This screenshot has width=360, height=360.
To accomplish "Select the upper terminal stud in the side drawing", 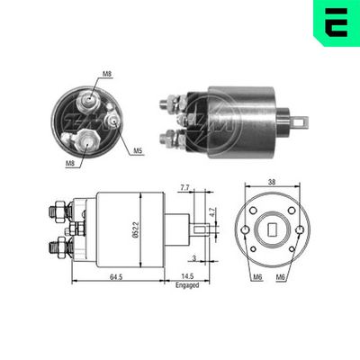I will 56,211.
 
